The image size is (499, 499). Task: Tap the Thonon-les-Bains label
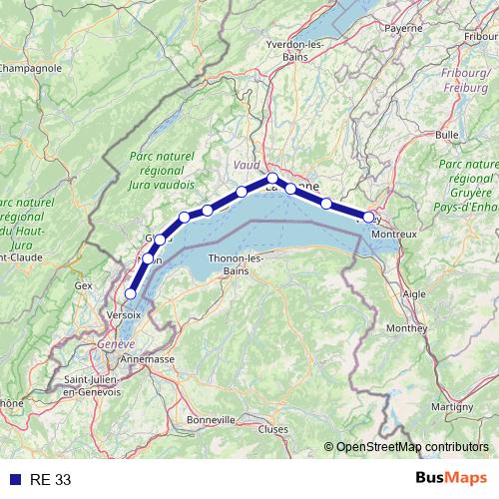point(236,264)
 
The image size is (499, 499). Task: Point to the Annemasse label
point(146,358)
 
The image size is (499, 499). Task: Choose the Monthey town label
point(407,327)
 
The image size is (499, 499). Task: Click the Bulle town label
point(447,134)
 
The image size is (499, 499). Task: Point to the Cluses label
point(272,429)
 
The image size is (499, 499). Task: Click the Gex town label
point(83,285)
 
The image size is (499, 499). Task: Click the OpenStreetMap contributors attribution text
point(412,447)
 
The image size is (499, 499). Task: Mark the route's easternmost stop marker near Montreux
point(368,217)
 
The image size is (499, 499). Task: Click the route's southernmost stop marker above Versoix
point(130,293)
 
